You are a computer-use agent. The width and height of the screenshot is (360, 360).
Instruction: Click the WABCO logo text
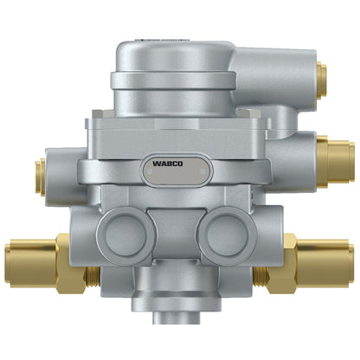pyautogui.click(x=168, y=164)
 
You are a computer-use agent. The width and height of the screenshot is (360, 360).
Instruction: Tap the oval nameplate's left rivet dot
pyautogui.click(x=150, y=171)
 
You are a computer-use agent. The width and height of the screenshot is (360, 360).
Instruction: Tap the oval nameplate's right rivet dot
pyautogui.click(x=202, y=171)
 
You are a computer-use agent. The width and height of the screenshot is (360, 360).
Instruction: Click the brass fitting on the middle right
pyautogui.click(x=336, y=162)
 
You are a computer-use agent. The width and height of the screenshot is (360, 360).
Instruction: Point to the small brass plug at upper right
pyautogui.click(x=321, y=80)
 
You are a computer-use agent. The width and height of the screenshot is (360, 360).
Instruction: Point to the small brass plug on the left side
pyautogui.click(x=40, y=177)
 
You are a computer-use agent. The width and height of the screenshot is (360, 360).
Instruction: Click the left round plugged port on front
pyautogui.click(x=125, y=236)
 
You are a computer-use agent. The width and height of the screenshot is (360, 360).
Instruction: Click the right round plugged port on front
pyautogui.click(x=227, y=236)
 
